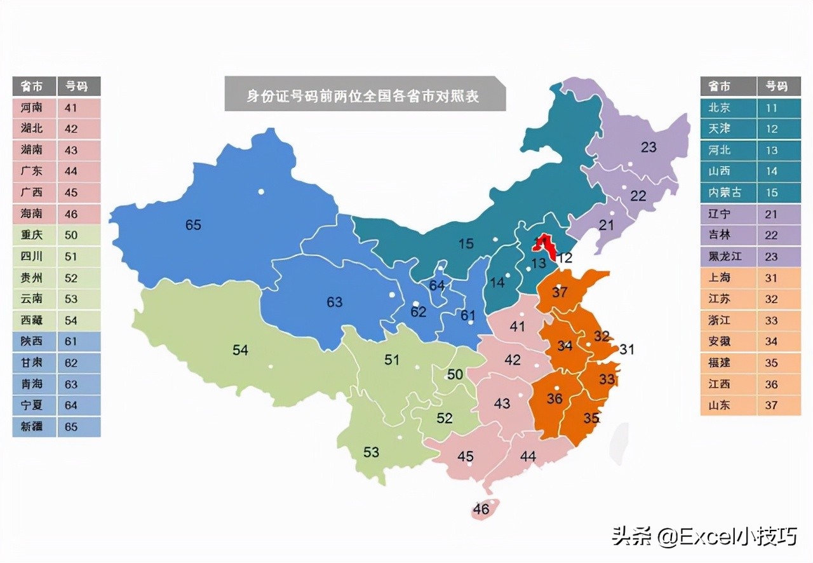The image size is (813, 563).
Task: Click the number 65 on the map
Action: tap(193, 224)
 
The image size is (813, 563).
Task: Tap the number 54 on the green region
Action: tap(240, 349)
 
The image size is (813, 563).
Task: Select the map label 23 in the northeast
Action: tap(648, 147)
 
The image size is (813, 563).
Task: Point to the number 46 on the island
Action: tap(481, 509)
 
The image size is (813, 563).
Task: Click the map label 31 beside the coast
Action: tap(627, 349)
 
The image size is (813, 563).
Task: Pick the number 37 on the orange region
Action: tap(560, 292)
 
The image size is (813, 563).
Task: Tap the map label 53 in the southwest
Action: tap(371, 452)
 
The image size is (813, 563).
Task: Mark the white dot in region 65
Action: tap(260, 191)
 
